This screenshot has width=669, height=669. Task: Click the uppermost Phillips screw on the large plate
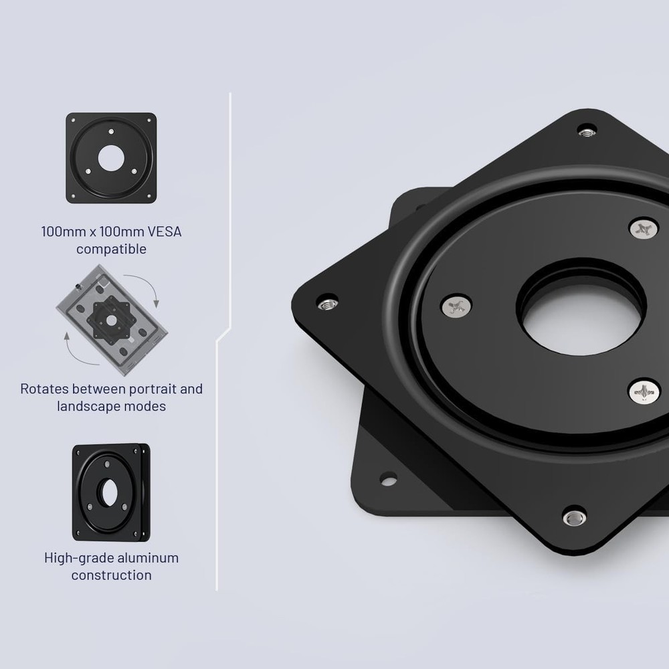(x=644, y=229)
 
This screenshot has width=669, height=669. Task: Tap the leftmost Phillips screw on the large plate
(x=456, y=306)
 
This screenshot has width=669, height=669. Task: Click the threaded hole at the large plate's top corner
(x=587, y=129)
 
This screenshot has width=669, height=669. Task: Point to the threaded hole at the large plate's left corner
(x=326, y=301)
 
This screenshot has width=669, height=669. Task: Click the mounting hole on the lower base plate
(x=388, y=478)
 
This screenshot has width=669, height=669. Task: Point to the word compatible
(x=111, y=250)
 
